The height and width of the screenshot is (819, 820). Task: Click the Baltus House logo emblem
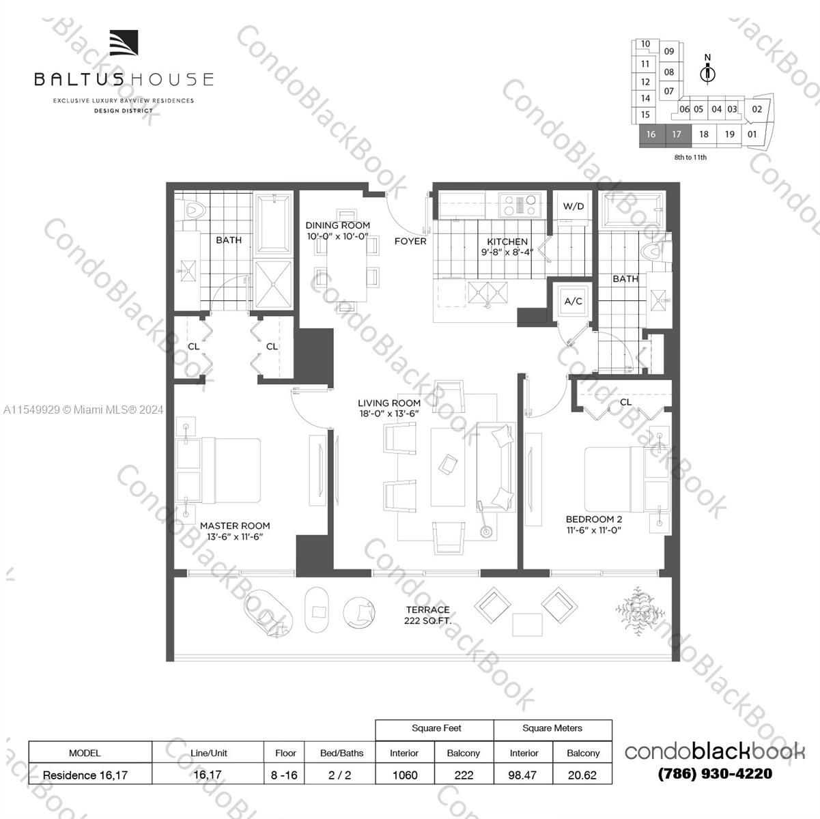(124, 44)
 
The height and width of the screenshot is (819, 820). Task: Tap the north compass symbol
(708, 71)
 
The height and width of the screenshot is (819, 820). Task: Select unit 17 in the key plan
(676, 134)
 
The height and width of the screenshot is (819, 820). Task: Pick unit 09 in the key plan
(669, 51)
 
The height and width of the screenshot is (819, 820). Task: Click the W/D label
(574, 206)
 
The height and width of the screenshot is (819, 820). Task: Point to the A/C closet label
(573, 301)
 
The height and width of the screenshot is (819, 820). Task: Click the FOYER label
(410, 241)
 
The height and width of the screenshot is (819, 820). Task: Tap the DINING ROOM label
(337, 225)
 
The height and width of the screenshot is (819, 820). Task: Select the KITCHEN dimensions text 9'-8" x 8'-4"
(507, 252)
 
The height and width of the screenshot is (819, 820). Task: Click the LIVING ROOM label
(388, 403)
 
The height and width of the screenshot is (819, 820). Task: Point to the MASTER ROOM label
(235, 526)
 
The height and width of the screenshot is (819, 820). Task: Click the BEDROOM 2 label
(593, 519)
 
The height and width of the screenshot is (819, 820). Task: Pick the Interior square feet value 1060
(404, 775)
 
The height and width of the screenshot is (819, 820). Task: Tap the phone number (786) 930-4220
(715, 774)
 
